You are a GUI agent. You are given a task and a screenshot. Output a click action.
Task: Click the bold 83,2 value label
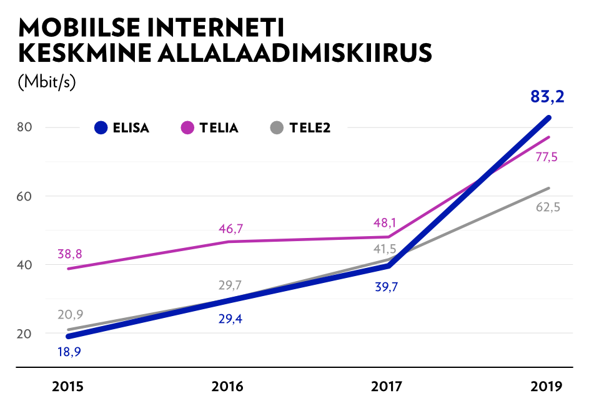click(547, 97)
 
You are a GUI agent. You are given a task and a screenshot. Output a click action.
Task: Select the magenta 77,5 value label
click(546, 157)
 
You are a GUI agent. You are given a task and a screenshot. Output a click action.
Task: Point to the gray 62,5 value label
click(548, 207)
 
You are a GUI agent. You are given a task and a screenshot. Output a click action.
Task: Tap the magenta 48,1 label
click(384, 223)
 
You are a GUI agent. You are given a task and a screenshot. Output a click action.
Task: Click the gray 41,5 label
click(385, 249)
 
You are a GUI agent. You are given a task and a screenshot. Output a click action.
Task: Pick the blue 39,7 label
click(387, 287)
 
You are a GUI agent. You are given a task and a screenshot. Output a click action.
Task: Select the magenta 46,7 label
click(230, 229)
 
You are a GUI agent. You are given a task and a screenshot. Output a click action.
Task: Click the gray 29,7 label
click(230, 285)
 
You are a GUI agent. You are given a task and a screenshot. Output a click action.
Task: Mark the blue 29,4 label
click(230, 319)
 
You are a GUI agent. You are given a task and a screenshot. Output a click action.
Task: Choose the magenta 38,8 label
click(69, 254)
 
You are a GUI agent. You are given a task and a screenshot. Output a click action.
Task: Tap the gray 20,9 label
click(71, 315)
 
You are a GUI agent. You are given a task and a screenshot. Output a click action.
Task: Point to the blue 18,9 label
click(69, 352)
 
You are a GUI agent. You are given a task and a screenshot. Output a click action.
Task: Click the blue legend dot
click(101, 127)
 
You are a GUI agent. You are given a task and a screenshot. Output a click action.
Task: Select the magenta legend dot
click(187, 127)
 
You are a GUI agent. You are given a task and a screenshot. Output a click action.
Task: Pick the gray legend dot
click(277, 127)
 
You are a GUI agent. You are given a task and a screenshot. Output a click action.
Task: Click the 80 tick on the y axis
click(24, 127)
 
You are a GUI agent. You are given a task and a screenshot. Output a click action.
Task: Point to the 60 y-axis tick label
click(24, 196)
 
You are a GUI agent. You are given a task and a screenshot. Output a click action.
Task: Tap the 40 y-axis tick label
click(24, 265)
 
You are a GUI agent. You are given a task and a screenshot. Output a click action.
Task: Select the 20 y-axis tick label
click(24, 334)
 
